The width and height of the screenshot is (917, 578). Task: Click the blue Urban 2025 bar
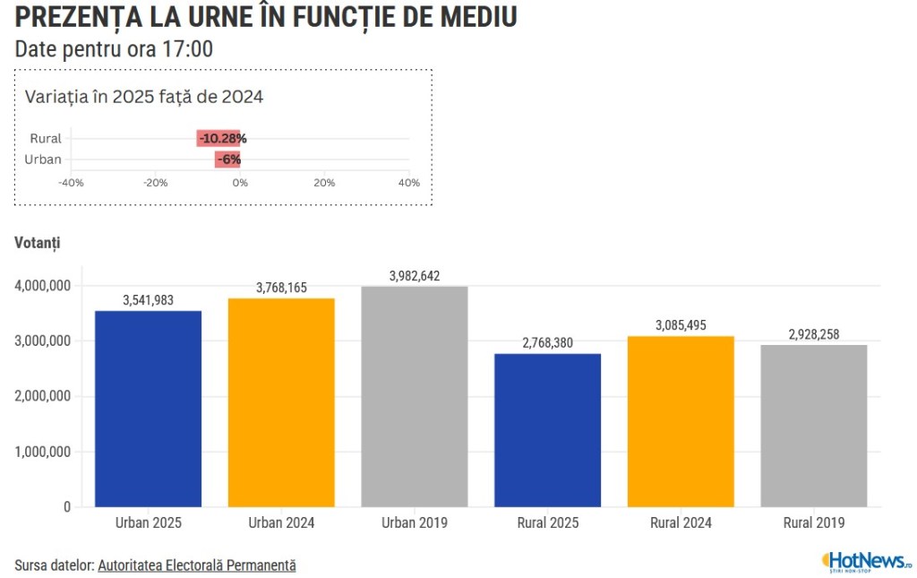148,409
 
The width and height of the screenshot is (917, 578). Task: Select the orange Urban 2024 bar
281,402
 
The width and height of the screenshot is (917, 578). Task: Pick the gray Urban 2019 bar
415,396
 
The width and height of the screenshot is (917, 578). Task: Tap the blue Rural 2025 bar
547,430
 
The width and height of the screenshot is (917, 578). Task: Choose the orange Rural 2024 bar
681,421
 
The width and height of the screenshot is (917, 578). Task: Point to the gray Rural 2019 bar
814,426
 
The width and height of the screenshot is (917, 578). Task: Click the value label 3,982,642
415,276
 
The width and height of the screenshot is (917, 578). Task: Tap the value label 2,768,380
547,343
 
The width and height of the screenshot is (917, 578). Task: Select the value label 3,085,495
681,325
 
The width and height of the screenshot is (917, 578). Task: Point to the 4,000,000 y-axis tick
42,286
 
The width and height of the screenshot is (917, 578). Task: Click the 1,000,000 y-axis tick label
42,452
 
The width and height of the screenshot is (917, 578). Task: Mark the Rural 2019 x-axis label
814,522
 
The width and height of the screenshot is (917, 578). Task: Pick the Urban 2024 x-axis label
281,522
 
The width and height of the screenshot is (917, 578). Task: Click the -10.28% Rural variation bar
219,138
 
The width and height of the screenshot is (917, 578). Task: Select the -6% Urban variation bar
227,160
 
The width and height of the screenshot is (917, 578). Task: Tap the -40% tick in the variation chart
71,183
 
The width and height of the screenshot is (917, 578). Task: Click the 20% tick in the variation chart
324,183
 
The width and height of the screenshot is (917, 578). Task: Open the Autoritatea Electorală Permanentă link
197,565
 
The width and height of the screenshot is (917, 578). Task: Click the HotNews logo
866,562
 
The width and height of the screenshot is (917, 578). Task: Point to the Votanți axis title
38,243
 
